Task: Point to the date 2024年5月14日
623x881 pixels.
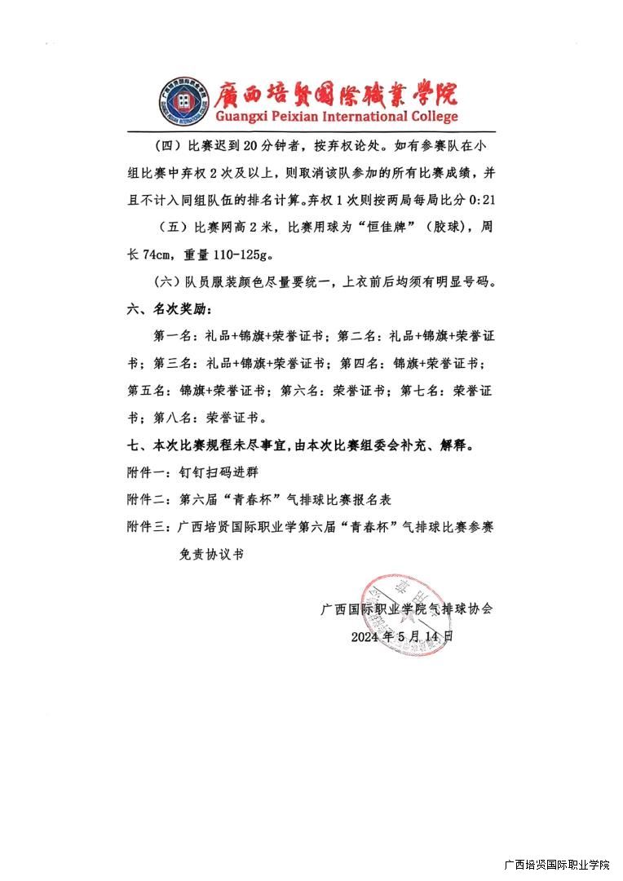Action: point(401,635)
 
